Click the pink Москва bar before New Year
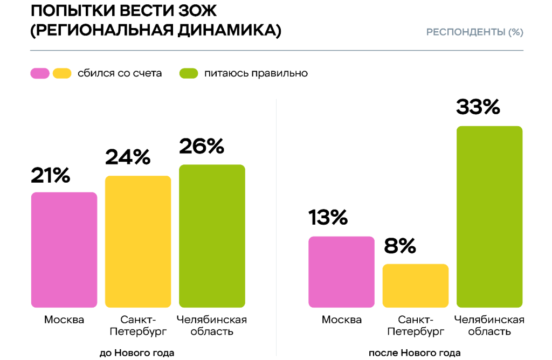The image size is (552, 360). pyautogui.click(x=64, y=250)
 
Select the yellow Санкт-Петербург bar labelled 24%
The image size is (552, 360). pyautogui.click(x=138, y=242)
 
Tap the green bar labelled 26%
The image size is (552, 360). pyautogui.click(x=212, y=236)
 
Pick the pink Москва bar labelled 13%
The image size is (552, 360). pyautogui.click(x=341, y=272)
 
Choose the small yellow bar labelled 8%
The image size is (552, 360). pyautogui.click(x=415, y=286)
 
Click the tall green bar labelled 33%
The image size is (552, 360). pyautogui.click(x=489, y=217)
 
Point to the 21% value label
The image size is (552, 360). pyautogui.click(x=51, y=175)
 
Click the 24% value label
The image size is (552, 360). pyautogui.click(x=127, y=157)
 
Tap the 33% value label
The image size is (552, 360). pyautogui.click(x=478, y=107)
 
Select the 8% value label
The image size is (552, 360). pyautogui.click(x=400, y=246)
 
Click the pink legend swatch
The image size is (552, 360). pyautogui.click(x=40, y=73)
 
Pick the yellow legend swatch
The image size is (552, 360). pyautogui.click(x=62, y=73)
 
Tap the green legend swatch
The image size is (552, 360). pyautogui.click(x=189, y=73)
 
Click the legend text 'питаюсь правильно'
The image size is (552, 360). pyautogui.click(x=256, y=73)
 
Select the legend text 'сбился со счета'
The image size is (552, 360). pyautogui.click(x=120, y=73)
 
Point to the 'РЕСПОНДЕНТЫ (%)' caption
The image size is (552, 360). pyautogui.click(x=474, y=32)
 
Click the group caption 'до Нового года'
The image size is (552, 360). pyautogui.click(x=137, y=353)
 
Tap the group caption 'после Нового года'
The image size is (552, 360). pyautogui.click(x=415, y=353)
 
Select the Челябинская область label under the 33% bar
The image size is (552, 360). pyautogui.click(x=489, y=326)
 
